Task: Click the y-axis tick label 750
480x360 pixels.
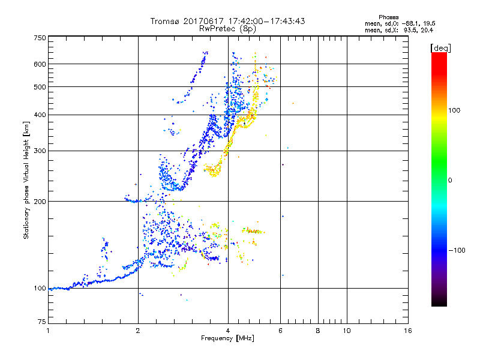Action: click(40, 37)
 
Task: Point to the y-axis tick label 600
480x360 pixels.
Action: click(40, 64)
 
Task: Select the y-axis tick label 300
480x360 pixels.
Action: click(40, 151)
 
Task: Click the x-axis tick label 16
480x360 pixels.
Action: click(408, 331)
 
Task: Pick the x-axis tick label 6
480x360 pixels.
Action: click(280, 331)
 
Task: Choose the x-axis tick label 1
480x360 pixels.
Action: click(48, 331)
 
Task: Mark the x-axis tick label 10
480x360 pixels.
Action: click(346, 331)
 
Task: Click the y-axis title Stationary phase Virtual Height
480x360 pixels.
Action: click(26, 181)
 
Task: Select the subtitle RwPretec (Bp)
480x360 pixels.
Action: click(229, 28)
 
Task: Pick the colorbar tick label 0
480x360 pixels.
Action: click(451, 180)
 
